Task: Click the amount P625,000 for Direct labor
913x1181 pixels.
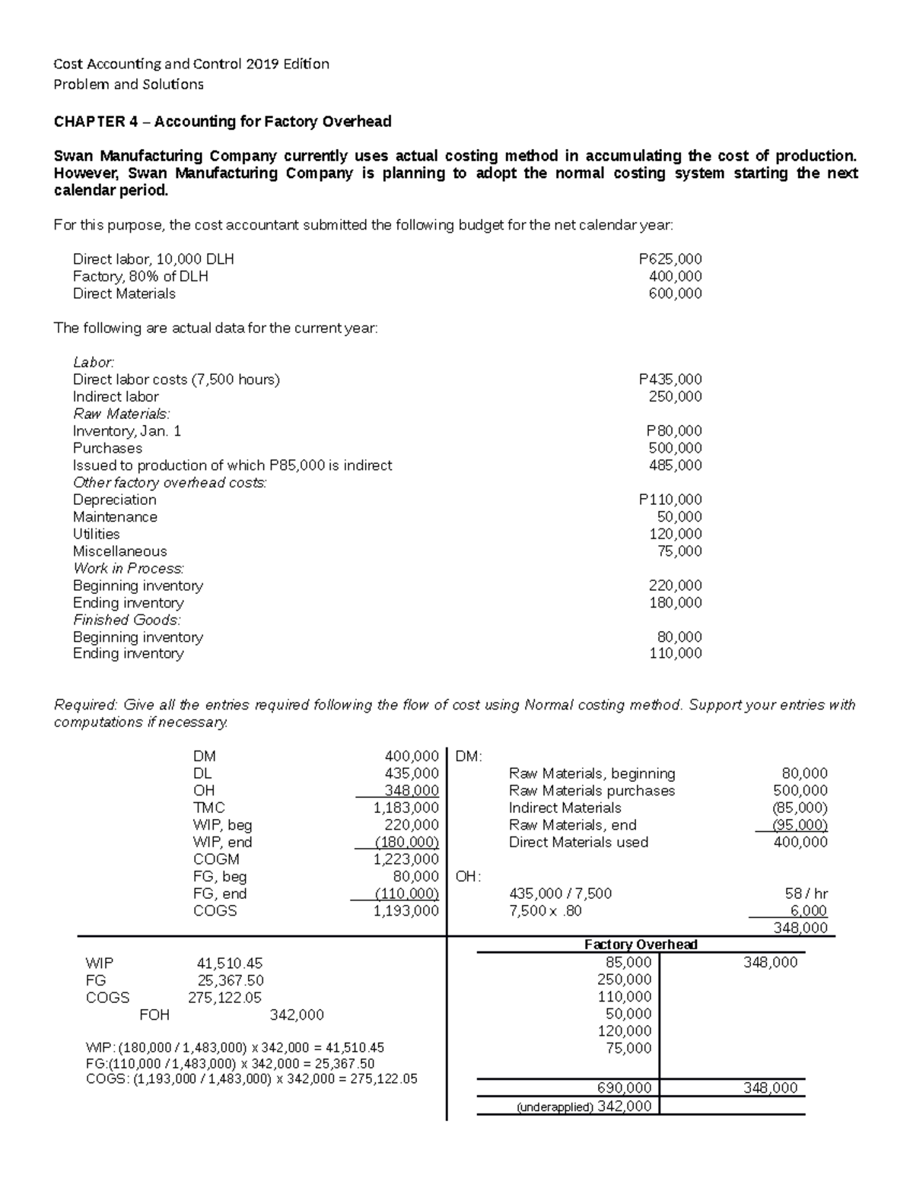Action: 670,259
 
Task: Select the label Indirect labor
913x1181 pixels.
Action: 116,397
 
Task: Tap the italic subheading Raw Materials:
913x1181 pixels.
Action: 122,414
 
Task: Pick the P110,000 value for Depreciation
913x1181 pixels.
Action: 670,500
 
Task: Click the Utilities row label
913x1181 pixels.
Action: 96,534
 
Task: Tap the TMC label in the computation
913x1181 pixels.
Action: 208,808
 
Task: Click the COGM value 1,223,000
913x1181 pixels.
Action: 406,859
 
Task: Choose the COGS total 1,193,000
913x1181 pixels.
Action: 406,911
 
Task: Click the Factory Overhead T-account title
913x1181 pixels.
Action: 641,944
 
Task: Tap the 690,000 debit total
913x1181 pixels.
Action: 624,1088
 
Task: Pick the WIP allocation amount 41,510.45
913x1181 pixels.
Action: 229,964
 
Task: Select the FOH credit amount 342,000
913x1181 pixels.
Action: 297,1015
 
